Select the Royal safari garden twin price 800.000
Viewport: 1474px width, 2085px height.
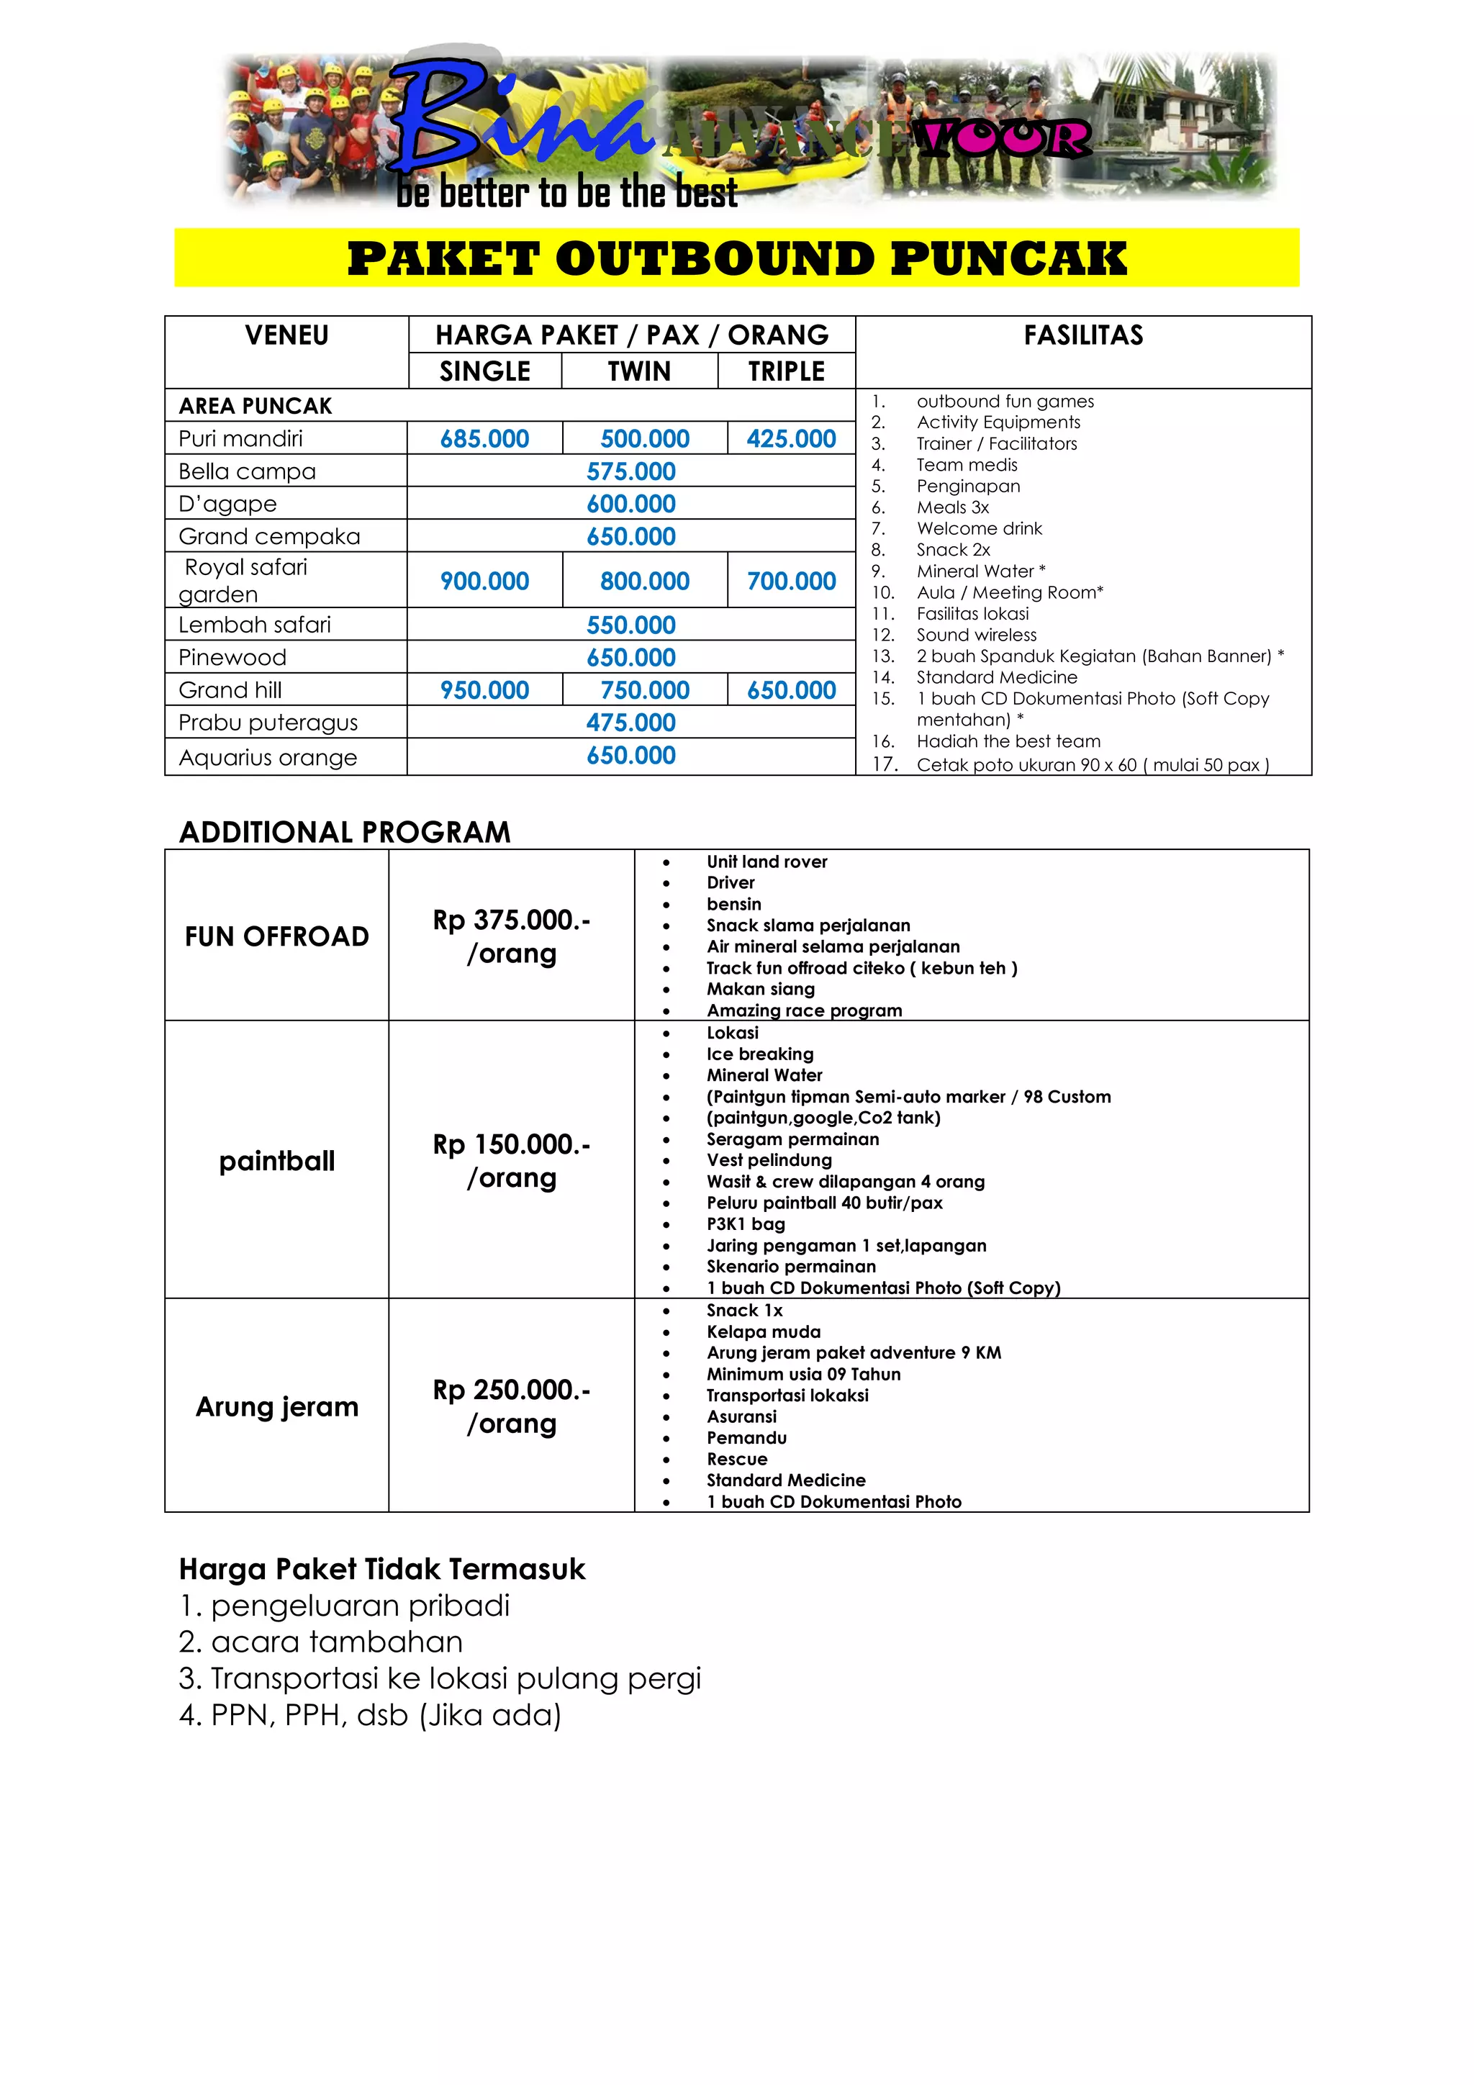tap(644, 582)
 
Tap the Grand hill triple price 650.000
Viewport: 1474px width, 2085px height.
tap(791, 690)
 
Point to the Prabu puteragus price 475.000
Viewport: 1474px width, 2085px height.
tap(630, 723)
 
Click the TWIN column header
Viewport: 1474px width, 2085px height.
tap(638, 371)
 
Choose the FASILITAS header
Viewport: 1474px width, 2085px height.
tap(1082, 336)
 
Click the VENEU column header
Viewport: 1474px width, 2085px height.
tap(286, 336)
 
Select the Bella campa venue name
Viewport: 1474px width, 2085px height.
tap(247, 471)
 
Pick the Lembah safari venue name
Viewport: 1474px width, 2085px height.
tap(254, 625)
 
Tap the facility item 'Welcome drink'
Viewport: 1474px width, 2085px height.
tap(979, 528)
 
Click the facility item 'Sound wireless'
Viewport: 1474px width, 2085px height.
tap(977, 635)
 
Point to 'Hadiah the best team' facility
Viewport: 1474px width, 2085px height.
tap(1008, 741)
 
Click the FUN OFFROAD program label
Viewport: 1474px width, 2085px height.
tap(277, 936)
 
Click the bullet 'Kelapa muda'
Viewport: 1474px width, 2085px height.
tap(763, 1331)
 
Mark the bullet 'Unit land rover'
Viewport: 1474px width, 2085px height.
tap(767, 861)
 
